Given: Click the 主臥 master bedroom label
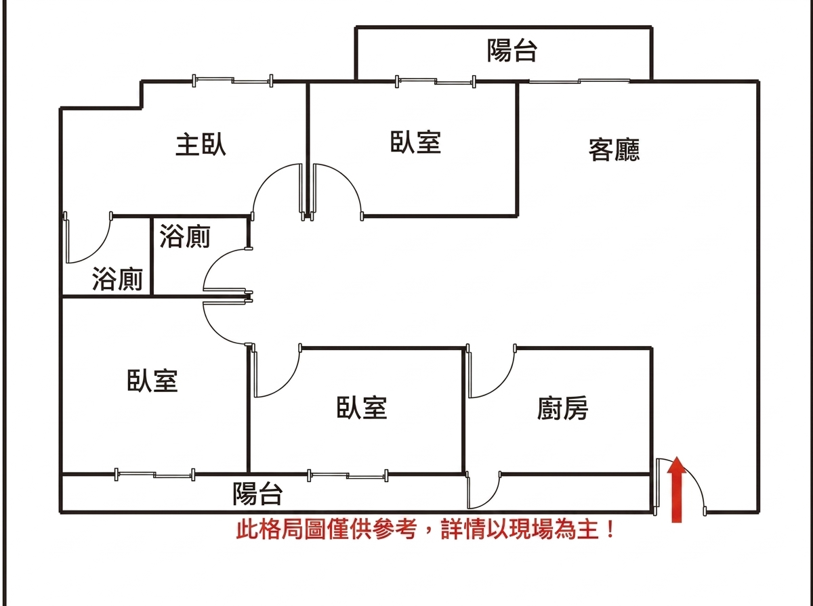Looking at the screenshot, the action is (x=201, y=145).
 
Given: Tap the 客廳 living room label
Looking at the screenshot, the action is (x=614, y=150).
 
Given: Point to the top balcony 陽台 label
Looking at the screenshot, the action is (x=512, y=50).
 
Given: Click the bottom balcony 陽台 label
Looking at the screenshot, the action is (x=258, y=494).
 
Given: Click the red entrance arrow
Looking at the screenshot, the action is (x=677, y=490).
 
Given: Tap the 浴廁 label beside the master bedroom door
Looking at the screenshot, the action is (x=117, y=279).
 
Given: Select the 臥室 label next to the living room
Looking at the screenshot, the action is (x=415, y=142).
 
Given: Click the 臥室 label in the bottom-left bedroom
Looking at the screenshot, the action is (x=152, y=381).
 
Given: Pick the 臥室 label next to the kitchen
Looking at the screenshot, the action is (x=362, y=408).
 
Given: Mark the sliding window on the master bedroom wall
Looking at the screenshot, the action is (x=232, y=81).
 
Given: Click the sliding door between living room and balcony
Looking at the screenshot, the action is (x=579, y=81).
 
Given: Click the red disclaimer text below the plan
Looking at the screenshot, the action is (x=426, y=529).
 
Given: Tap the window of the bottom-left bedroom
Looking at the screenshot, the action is (x=155, y=474).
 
